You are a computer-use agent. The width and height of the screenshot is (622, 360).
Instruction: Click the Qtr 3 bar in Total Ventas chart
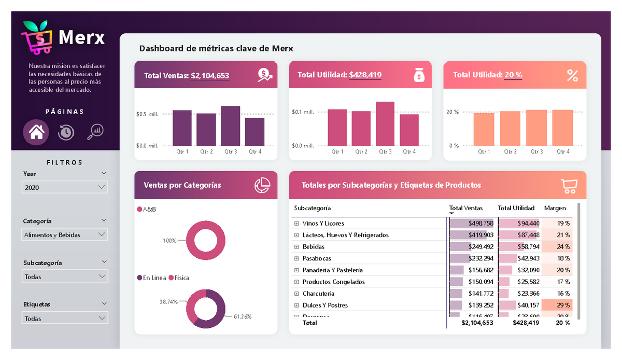coord(230,126)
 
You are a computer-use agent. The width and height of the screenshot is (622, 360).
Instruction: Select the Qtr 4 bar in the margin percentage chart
coord(562,128)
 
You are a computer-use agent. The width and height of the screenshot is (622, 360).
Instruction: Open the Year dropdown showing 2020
coord(65,187)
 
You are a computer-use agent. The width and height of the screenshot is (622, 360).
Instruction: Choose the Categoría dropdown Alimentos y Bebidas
coord(65,235)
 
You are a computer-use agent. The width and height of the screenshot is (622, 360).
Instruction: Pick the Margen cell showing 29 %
coord(563,305)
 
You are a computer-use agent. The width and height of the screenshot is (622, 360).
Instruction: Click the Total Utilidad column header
coord(516,208)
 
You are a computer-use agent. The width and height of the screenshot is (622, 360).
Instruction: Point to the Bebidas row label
coord(314,247)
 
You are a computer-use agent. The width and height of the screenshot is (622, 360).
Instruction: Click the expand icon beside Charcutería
coord(296,294)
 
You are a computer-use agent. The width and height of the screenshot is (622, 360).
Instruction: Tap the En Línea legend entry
coord(151,278)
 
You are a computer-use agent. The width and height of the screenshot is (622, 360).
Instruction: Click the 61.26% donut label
coord(243,316)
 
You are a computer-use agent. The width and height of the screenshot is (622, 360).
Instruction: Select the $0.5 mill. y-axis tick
coord(147,114)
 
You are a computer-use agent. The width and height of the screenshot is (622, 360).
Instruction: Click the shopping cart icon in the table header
coord(569,186)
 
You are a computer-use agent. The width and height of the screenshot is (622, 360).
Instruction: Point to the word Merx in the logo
coord(82,37)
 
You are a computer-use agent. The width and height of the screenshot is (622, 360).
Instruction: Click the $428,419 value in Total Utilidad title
coord(365,75)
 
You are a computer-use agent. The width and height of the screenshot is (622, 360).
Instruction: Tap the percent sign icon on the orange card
coord(572,76)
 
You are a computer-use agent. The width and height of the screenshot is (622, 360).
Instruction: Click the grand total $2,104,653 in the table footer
coord(477,323)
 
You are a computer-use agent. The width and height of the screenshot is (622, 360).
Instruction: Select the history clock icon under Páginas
coord(66,132)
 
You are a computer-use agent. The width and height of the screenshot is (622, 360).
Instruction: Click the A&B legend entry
coord(147,209)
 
